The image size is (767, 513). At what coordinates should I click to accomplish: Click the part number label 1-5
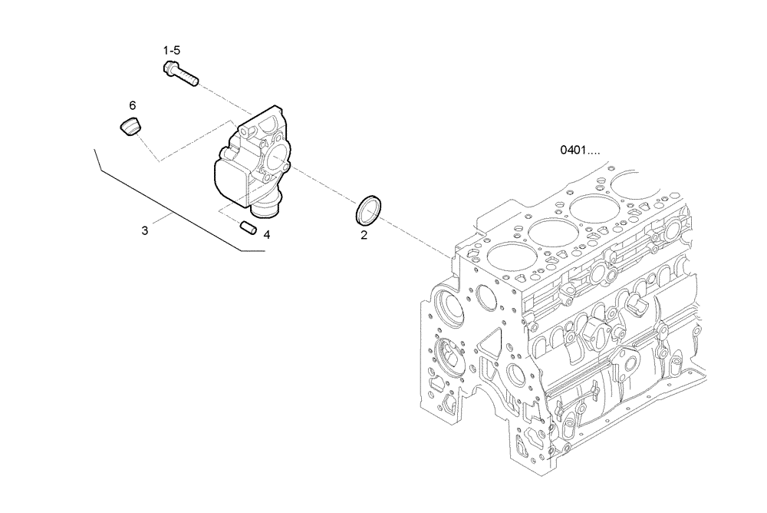point(171,51)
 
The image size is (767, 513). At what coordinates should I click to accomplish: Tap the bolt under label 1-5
point(181,74)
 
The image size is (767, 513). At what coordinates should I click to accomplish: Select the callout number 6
point(132,104)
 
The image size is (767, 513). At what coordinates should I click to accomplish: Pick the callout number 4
point(266,234)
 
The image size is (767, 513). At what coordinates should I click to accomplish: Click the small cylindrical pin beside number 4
point(248,227)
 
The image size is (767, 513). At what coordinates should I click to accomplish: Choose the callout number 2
point(364,235)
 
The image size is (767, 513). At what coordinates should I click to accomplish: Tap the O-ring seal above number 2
point(368,209)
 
